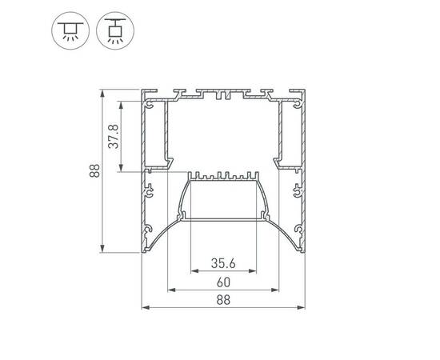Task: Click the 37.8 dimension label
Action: click(x=114, y=136)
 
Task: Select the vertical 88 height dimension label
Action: click(x=95, y=170)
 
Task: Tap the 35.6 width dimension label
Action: click(x=223, y=263)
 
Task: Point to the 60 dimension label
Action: click(x=223, y=282)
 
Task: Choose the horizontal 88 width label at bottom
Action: click(x=223, y=300)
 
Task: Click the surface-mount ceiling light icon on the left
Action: click(x=70, y=30)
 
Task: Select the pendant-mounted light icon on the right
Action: click(x=115, y=30)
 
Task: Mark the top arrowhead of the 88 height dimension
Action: click(x=102, y=94)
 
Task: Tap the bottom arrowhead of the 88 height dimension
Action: click(x=102, y=249)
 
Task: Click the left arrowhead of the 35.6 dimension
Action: click(x=194, y=271)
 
